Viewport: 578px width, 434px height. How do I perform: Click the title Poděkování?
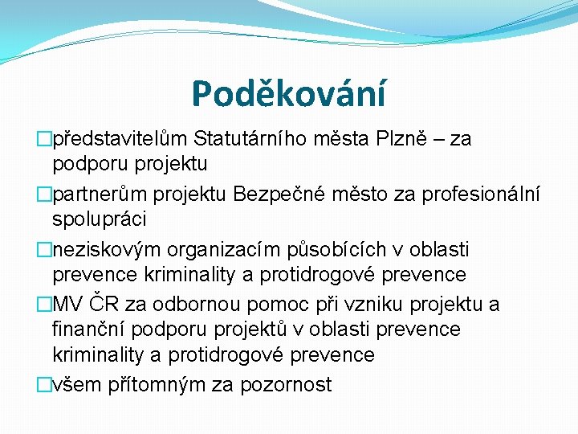click(288, 94)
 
